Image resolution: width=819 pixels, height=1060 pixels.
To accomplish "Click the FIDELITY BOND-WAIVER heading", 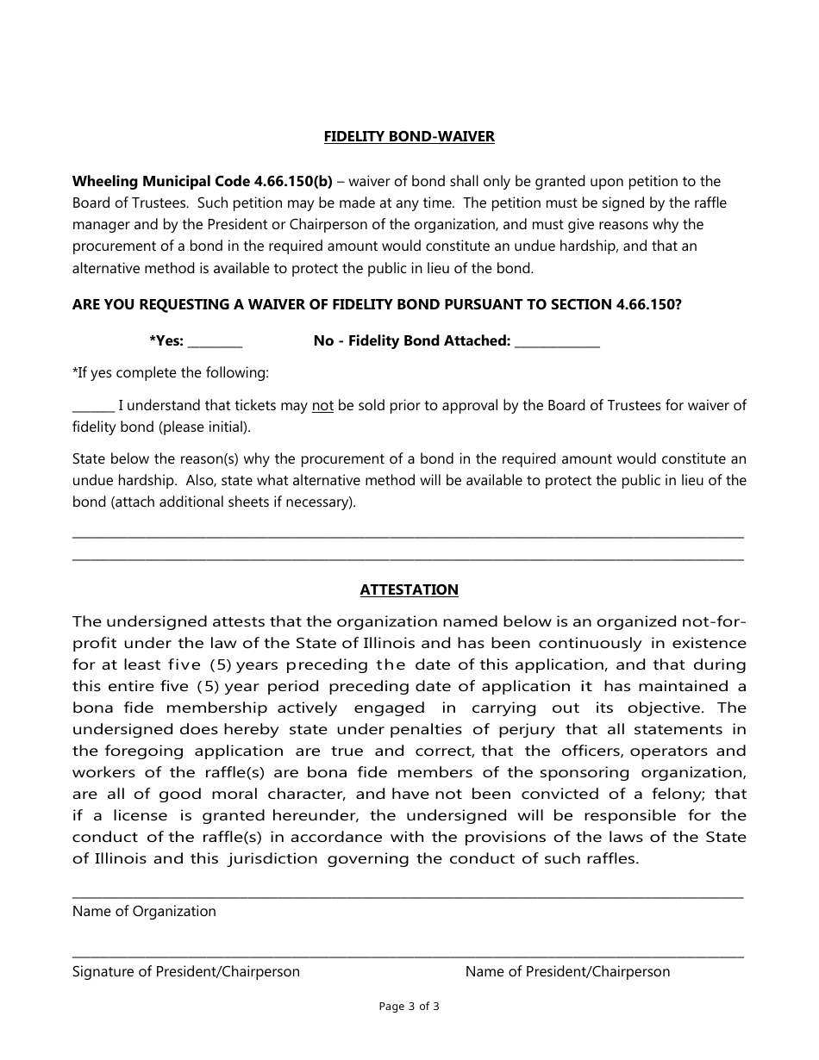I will [x=409, y=136].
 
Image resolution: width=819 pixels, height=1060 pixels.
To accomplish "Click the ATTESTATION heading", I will [x=409, y=589].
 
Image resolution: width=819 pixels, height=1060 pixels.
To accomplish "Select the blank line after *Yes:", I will [x=215, y=343].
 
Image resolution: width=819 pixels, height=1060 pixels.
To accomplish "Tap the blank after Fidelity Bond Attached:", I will [x=557, y=343].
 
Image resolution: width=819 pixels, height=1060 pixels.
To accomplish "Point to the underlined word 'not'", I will [x=322, y=405].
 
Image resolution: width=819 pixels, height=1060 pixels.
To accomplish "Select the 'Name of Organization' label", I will [x=144, y=911].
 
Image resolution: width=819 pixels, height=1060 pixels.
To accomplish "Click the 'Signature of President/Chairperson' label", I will [x=186, y=971].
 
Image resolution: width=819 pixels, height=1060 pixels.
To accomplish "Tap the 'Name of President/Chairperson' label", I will [x=567, y=971].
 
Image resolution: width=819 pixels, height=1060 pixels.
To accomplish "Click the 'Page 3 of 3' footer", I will [x=409, y=1006].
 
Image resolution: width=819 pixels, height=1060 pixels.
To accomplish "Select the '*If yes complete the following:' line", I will [x=170, y=373].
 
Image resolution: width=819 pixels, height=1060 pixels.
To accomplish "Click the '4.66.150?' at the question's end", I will [x=649, y=304].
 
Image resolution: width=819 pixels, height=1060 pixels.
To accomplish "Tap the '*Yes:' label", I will [x=166, y=340].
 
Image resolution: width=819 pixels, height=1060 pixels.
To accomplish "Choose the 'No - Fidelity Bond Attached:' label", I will [x=412, y=340].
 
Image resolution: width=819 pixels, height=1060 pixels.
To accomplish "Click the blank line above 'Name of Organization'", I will [x=408, y=896].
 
